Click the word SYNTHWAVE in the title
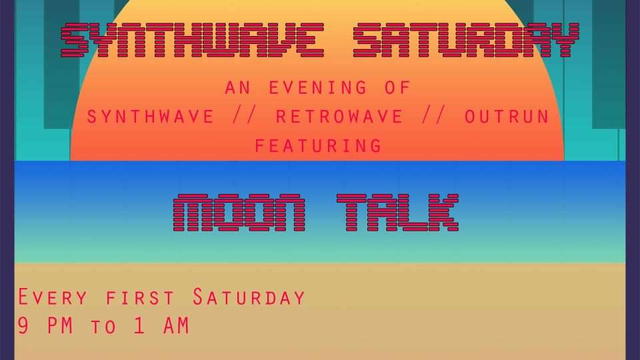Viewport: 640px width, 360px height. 193,41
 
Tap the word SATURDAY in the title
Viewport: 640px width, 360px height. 467,41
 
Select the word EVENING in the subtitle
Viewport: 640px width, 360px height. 318,88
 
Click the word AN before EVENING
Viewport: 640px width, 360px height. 237,88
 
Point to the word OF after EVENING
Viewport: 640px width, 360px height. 397,88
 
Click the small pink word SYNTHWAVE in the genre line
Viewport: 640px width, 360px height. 151,117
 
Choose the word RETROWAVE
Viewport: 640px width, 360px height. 339,117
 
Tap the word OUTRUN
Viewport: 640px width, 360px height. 507,117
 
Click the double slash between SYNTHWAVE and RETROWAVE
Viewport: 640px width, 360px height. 245,116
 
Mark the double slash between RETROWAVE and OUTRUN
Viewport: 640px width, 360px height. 434,116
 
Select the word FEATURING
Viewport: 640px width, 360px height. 318,146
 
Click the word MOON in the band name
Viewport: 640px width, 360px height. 239,213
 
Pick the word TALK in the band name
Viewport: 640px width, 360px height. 398,213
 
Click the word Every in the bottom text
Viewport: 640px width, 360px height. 53,297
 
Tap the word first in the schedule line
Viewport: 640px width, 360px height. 140,298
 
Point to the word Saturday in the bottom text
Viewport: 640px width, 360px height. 249,297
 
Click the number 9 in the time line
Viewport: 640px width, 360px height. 23,326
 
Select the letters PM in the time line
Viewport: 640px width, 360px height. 60,326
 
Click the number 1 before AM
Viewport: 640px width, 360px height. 139,326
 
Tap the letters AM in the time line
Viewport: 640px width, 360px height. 176,326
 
